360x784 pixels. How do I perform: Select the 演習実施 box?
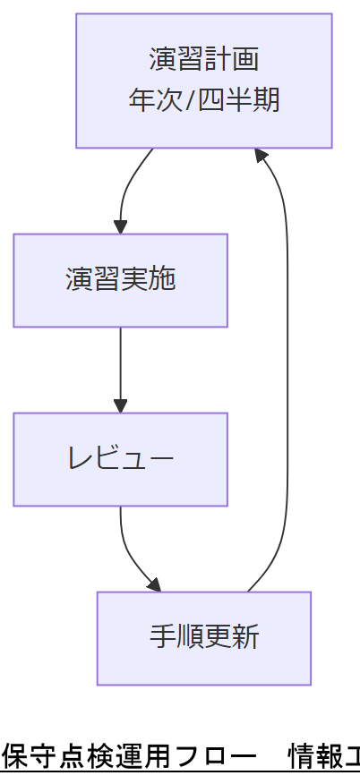(120, 280)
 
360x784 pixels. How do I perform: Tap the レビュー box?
(120, 459)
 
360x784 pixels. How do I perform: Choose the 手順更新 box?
(203, 638)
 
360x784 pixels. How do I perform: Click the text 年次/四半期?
(203, 99)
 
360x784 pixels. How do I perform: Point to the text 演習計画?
(203, 60)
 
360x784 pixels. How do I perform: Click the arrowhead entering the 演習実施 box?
(120, 227)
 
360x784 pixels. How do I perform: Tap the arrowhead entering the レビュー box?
(120, 406)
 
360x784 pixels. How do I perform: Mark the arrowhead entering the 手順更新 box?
(155, 585)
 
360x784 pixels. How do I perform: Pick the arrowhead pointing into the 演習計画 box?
(261, 155)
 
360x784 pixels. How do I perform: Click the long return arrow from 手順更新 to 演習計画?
(287, 376)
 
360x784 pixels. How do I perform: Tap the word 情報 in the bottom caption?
(309, 757)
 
